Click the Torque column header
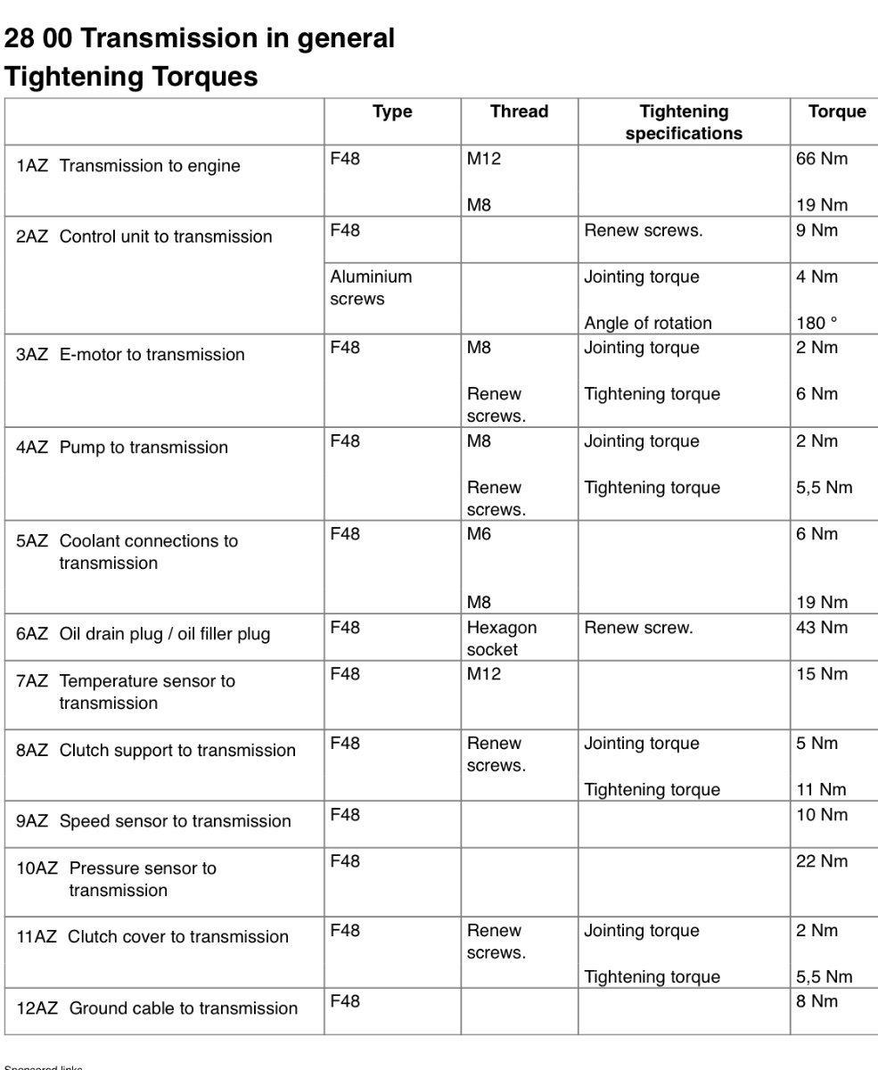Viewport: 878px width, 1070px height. tap(836, 112)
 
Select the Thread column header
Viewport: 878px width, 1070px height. tap(519, 112)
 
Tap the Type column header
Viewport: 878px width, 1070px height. tap(392, 112)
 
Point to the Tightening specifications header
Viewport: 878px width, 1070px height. tap(684, 123)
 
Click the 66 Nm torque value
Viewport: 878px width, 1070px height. tap(821, 160)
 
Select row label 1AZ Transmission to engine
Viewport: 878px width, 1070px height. tap(128, 166)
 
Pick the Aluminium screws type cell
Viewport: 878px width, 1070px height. tap(371, 288)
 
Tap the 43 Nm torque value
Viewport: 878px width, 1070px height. tap(821, 628)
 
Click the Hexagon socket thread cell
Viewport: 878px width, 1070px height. tap(502, 638)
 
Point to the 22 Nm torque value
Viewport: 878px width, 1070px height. tap(821, 861)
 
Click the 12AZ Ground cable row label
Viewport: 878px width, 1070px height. tap(157, 1008)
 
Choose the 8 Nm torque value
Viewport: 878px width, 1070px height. tap(816, 1001)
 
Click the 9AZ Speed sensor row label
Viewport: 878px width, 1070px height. tap(153, 821)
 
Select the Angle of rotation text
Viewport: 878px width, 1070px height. tap(648, 324)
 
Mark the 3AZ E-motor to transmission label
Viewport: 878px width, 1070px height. tap(130, 355)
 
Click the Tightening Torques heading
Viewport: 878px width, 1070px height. tap(131, 77)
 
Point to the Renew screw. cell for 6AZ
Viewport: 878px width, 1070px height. tap(638, 628)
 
